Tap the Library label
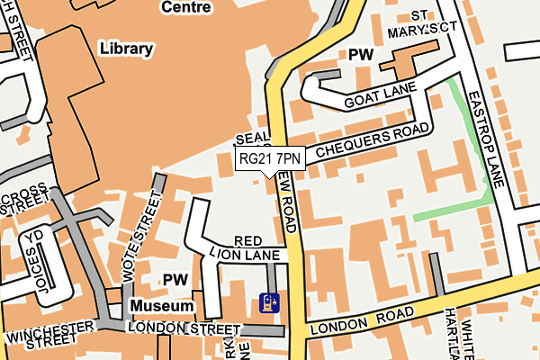pyautogui.click(x=127, y=48)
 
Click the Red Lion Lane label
pyautogui.click(x=247, y=248)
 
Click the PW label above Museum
pyautogui.click(x=175, y=280)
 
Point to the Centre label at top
pyautogui.click(x=185, y=7)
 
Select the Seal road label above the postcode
pyautogui.click(x=251, y=139)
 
